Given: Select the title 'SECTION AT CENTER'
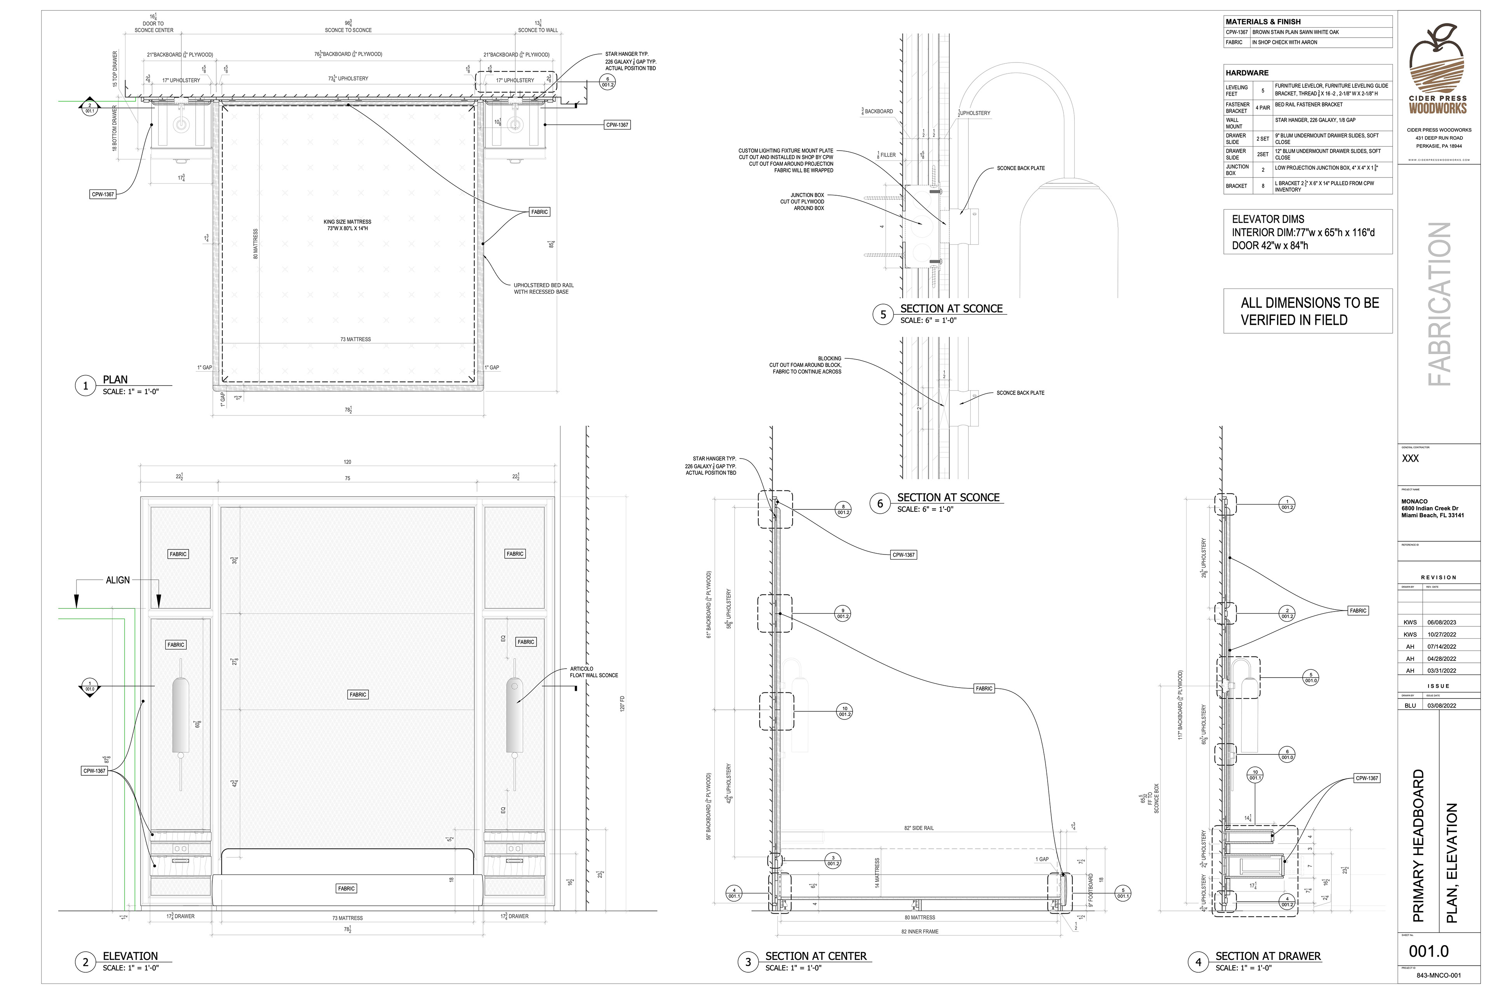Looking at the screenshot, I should pyautogui.click(x=815, y=956).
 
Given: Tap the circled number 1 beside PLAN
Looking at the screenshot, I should pyautogui.click(x=85, y=386).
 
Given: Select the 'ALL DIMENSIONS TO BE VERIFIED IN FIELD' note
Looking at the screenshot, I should pyautogui.click(x=1309, y=311).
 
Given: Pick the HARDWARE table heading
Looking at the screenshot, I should pyautogui.click(x=1247, y=73).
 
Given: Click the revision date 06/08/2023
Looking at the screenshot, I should pyautogui.click(x=1442, y=622).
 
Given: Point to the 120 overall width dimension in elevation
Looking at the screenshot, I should pyautogui.click(x=348, y=462).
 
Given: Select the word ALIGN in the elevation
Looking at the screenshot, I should pyautogui.click(x=118, y=580).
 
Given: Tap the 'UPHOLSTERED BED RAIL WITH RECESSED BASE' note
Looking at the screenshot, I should pyautogui.click(x=543, y=288).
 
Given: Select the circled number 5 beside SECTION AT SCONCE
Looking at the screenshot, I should pyautogui.click(x=883, y=315).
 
